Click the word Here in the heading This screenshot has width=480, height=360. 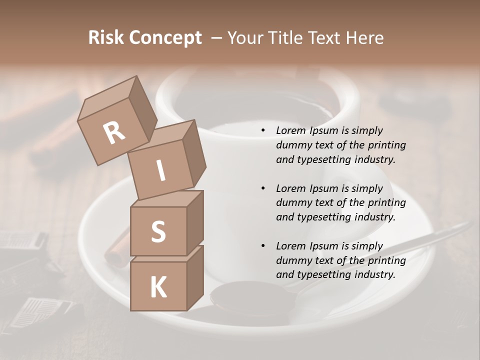pyautogui.click(x=366, y=37)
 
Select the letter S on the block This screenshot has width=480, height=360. pyautogui.click(x=158, y=231)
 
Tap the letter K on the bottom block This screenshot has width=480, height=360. pyautogui.click(x=158, y=287)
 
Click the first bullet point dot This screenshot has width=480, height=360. pyautogui.click(x=263, y=130)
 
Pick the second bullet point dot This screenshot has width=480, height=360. pyautogui.click(x=263, y=188)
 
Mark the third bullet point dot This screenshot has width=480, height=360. pyautogui.click(x=263, y=246)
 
